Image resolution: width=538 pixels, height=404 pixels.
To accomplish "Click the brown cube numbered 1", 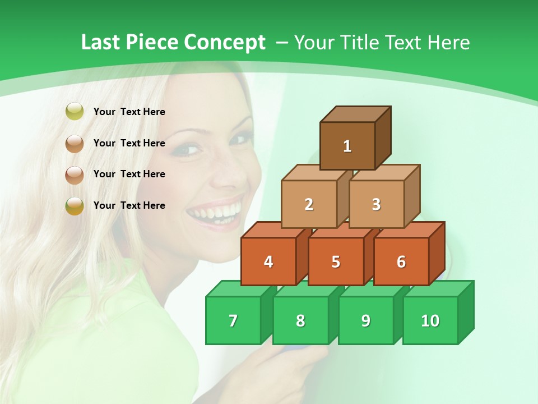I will (347, 146).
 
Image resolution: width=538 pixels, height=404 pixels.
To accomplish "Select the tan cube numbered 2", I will (309, 204).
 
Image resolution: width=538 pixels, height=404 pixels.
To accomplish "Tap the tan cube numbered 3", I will (376, 204).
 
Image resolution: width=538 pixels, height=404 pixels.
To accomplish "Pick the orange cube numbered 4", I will (268, 261).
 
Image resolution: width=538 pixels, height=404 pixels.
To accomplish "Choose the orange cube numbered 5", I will (336, 261).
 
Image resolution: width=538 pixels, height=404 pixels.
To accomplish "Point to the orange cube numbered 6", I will (401, 261).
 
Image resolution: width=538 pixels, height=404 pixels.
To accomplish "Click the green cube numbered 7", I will (233, 320).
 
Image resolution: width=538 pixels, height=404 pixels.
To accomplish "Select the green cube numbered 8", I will (300, 320).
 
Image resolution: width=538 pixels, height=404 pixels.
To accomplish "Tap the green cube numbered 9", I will (366, 320).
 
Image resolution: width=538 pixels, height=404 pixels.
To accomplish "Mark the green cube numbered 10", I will (430, 320).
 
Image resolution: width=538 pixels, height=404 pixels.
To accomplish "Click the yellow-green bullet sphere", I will (75, 112).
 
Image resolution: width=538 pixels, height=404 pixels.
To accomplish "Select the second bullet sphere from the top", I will (75, 144).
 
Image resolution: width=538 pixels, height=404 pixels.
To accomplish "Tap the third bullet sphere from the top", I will (75, 175).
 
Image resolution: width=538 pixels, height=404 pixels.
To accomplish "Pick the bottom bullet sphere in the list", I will (75, 206).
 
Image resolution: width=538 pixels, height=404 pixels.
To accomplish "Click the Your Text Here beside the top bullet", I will (129, 112).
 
